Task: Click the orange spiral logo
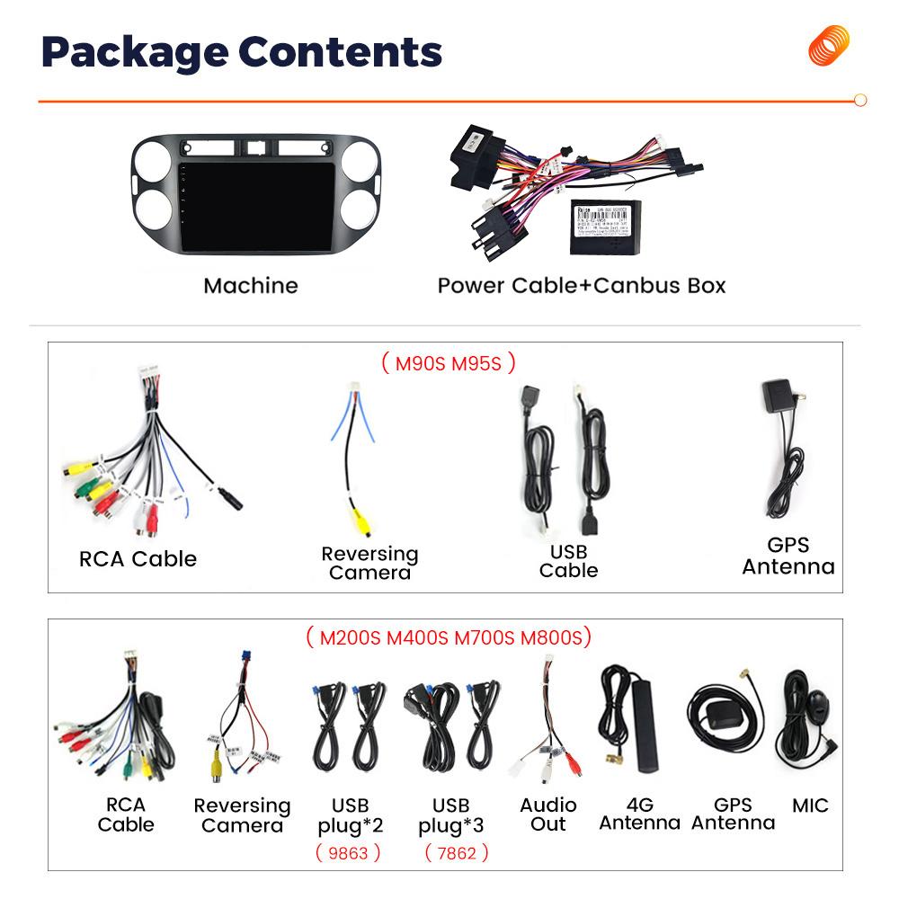(x=828, y=45)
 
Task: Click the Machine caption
(x=250, y=286)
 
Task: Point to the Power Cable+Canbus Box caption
(x=581, y=286)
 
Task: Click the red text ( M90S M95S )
(x=448, y=363)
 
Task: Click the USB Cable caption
(x=568, y=560)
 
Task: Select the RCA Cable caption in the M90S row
(x=138, y=558)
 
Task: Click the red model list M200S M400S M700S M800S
(x=448, y=638)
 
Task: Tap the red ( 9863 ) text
(x=348, y=852)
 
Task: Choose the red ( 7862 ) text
(x=457, y=852)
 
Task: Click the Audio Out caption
(x=548, y=814)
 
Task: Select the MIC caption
(x=810, y=805)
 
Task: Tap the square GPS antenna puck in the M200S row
(x=720, y=717)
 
